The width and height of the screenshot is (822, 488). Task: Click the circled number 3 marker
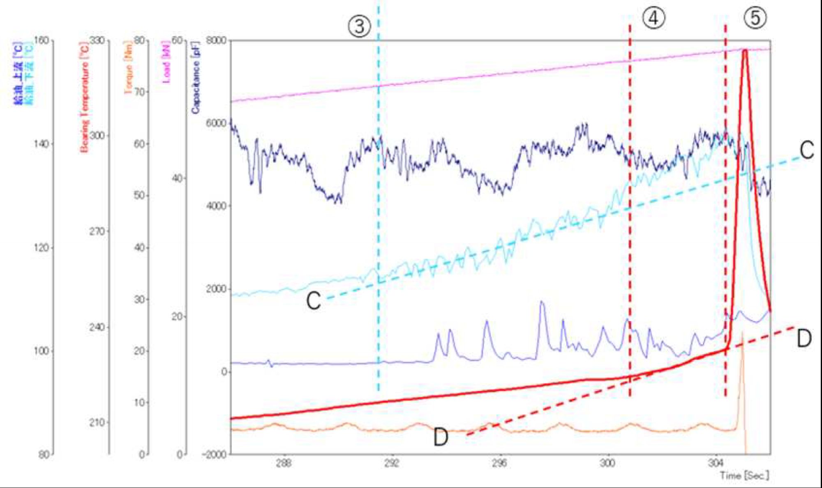pos(360,26)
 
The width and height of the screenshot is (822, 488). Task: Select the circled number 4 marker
pos(653,18)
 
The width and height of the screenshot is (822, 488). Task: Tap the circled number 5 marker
pos(755,18)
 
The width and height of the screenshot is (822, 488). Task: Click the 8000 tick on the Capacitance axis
pos(216,40)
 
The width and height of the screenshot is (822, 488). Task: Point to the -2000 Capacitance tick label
pos(214,454)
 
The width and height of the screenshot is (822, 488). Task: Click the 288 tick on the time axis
pos(284,464)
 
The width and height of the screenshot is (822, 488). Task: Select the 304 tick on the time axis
pos(716,464)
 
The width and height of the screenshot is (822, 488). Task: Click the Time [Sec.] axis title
pos(744,476)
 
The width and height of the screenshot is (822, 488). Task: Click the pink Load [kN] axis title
pos(166,62)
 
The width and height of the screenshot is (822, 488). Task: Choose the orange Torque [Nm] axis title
pos(128,68)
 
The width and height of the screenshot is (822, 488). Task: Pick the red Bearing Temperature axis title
pos(85,97)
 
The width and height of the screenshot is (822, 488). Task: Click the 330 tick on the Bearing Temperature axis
pos(97,40)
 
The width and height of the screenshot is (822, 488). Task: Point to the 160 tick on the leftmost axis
pos(41,40)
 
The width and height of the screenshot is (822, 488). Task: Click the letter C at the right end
pos(806,150)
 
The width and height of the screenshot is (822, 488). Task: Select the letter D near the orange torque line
pos(441,437)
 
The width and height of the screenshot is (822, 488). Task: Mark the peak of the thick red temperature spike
pos(745,50)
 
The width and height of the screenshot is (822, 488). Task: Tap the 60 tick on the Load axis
pos(177,40)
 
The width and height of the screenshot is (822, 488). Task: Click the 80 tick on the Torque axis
pos(140,40)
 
